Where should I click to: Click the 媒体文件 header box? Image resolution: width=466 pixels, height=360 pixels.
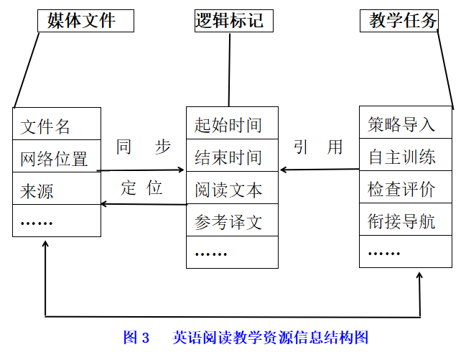[x=85, y=21]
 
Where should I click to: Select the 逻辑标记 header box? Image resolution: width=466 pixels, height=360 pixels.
[x=234, y=21]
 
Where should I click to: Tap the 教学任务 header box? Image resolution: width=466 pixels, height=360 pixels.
[x=399, y=21]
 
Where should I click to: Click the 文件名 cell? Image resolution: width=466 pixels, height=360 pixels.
[x=57, y=124]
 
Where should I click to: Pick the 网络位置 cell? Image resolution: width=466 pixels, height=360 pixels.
[x=57, y=156]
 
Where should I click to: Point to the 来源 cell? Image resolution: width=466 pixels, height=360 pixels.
[x=57, y=188]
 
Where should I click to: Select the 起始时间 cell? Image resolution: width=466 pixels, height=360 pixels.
[x=232, y=123]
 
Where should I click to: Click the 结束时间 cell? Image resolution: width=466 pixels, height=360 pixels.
[x=232, y=155]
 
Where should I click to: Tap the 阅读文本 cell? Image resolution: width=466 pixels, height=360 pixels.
[x=232, y=188]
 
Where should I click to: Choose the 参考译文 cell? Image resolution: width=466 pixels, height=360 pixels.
[x=232, y=220]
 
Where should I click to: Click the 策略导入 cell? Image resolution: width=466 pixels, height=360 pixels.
[x=406, y=122]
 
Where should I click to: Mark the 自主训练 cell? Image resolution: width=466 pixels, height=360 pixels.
[x=406, y=154]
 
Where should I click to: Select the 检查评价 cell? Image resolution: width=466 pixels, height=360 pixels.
[x=406, y=187]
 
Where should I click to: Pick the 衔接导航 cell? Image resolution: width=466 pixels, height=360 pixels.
[x=406, y=220]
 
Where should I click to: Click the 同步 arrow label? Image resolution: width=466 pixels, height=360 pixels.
[x=144, y=147]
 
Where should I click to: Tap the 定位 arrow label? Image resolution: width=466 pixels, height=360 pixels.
[x=141, y=188]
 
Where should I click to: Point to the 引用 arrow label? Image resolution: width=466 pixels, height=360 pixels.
[x=318, y=147]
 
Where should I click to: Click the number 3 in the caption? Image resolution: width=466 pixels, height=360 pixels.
[x=145, y=338]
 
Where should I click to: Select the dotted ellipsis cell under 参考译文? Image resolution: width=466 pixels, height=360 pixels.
[x=232, y=252]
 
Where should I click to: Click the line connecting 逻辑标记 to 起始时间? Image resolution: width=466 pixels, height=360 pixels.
[x=230, y=70]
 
